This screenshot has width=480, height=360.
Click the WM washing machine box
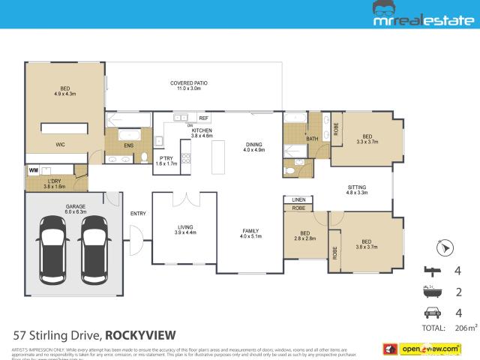coord(34,171)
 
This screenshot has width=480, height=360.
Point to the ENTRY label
coord(138,214)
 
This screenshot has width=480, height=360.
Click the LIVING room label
coord(185,229)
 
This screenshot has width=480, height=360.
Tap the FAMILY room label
coord(250,232)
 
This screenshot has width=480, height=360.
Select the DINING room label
coord(255,145)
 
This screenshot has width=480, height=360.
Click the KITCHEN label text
coord(202,130)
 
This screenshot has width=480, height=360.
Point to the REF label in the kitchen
coord(202,118)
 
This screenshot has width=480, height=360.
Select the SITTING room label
coord(357,187)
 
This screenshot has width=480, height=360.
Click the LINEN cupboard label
coord(298,199)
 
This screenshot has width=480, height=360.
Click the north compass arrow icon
coord(445,247)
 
